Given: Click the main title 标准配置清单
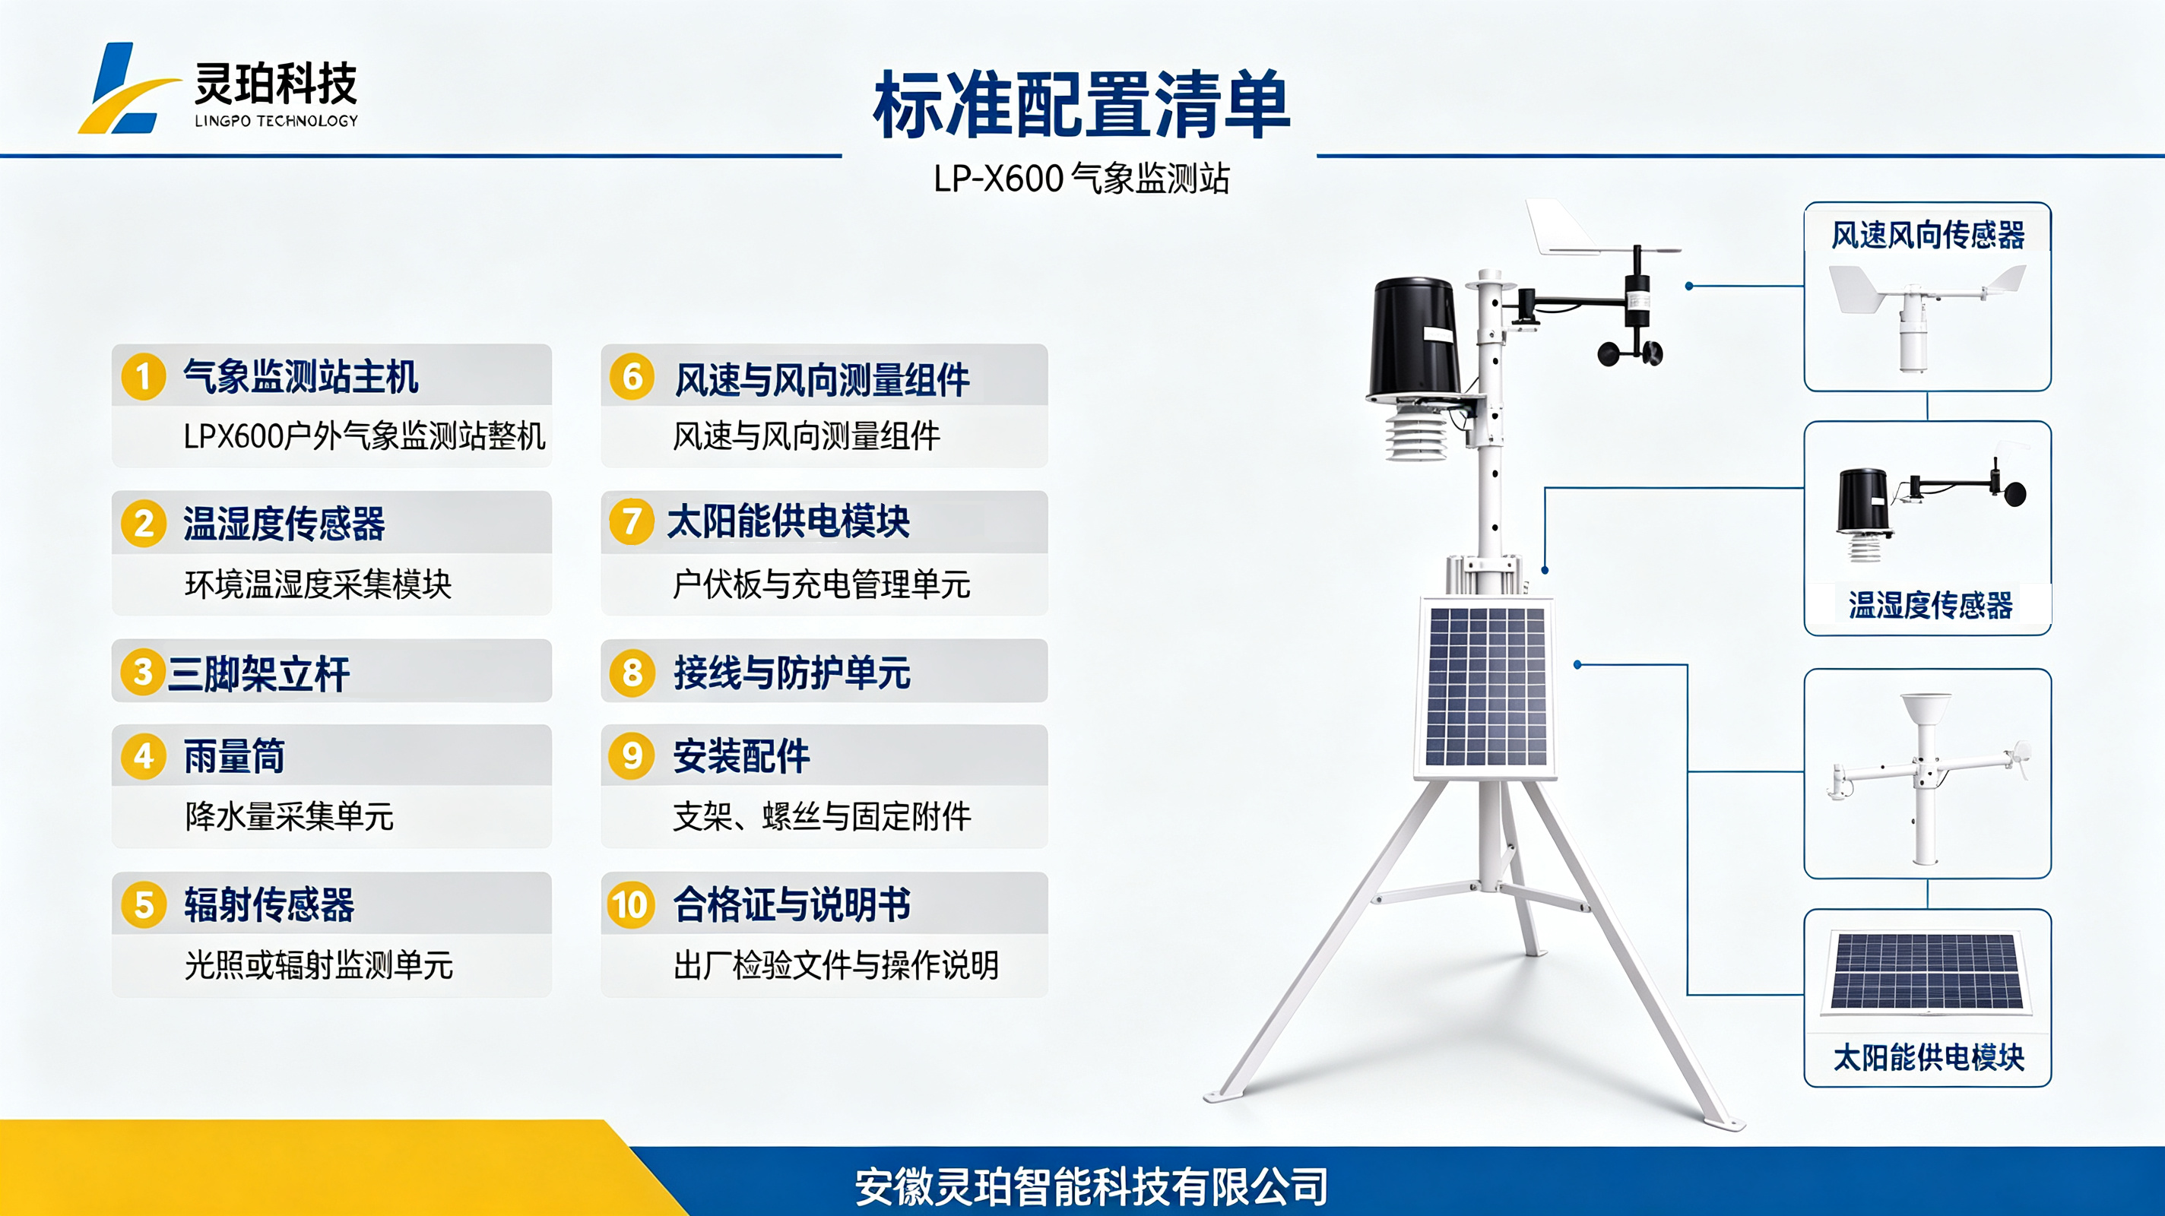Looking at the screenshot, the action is coord(1082,105).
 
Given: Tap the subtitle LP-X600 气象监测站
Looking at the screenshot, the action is coord(1082,178).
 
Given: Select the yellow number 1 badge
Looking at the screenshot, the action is coord(144,376).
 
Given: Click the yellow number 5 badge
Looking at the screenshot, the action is coord(144,905).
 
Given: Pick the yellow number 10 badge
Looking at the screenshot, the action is coord(631,905).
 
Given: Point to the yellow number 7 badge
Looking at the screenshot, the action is coord(632,522).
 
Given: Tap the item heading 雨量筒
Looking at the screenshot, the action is coord(234,756).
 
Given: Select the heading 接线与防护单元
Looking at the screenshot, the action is coord(791,673).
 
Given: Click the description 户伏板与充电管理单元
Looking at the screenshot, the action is coord(821,584).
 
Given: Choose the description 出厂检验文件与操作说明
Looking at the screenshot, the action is coord(836,965).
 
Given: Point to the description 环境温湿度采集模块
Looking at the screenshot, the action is coord(319,584).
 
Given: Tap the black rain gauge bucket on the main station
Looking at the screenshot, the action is coord(1415,340).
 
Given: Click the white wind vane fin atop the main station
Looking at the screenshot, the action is coord(1563,227).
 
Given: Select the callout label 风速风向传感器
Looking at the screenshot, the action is coord(1928,236).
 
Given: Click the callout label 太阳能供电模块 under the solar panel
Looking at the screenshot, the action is coord(1929,1057).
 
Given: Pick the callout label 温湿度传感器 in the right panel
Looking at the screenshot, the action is coord(1931,605).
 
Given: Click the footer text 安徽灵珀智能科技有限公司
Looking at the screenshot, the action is coord(1091,1186).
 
